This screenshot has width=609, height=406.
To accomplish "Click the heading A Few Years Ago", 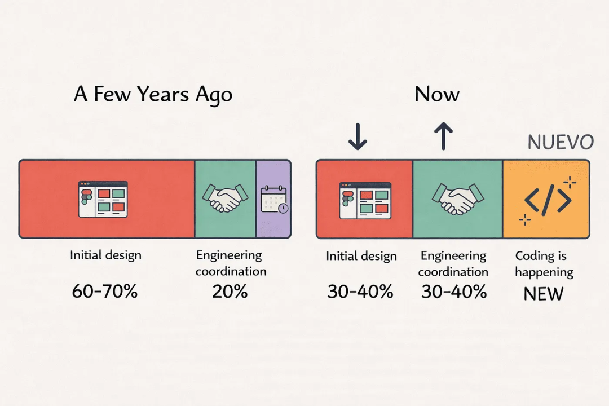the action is (153, 94).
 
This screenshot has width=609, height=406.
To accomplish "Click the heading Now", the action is (437, 94).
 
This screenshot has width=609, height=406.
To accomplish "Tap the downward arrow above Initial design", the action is (358, 136).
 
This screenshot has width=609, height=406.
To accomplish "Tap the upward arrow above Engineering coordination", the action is (444, 136).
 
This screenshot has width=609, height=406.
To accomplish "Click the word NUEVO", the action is (561, 142).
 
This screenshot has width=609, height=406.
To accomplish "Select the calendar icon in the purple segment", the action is (274, 199).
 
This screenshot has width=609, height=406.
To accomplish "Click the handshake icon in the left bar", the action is (225, 198).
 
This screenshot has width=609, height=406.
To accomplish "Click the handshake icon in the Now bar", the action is (458, 198).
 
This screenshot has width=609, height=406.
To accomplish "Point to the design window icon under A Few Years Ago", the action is (103, 199).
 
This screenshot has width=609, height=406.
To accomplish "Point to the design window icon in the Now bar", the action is (365, 200).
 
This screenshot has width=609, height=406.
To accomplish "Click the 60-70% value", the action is (104, 291).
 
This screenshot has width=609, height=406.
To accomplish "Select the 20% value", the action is (230, 292).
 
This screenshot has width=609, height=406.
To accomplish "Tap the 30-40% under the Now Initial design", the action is (360, 292).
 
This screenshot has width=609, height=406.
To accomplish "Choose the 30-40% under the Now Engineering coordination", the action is (454, 292).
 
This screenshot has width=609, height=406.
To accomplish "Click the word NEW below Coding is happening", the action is (544, 294).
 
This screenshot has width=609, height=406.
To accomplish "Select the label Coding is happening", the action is (544, 264).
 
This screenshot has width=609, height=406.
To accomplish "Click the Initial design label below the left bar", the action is (105, 255).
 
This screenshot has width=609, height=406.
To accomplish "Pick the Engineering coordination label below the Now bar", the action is (453, 264).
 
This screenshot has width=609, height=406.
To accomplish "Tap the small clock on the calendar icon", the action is (284, 208).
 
